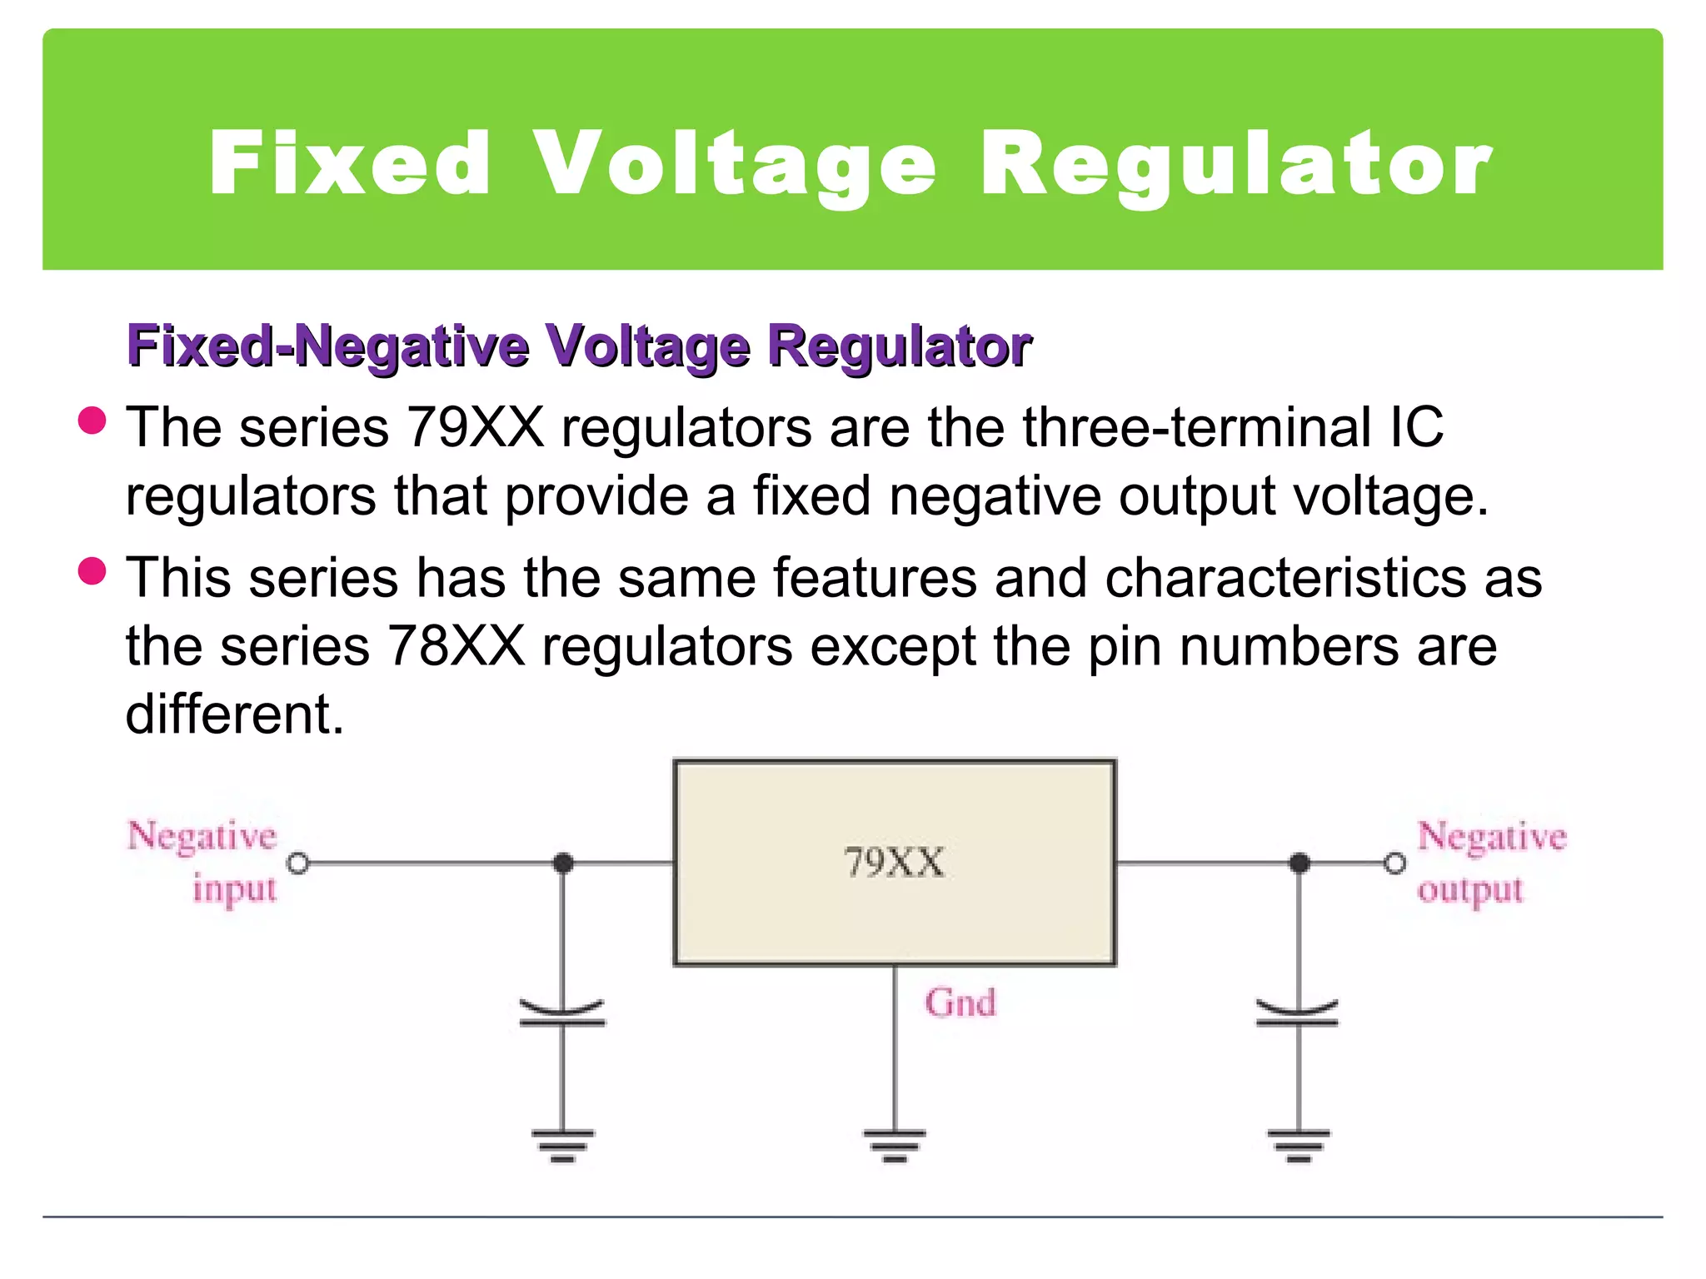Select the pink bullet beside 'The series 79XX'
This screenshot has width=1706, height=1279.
coord(92,421)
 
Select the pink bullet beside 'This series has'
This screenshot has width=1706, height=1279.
coord(92,571)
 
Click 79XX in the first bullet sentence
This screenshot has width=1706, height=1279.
coord(475,427)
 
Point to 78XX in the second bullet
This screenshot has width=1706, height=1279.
coord(456,646)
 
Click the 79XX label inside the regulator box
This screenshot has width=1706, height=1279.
coord(894,862)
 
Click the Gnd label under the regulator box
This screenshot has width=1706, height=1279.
coord(960,1003)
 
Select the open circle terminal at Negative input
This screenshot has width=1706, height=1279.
coord(297,863)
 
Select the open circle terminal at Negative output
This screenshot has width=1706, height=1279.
coord(1394,863)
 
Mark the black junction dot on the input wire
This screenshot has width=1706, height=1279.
coord(563,863)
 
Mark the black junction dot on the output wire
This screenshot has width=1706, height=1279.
coord(1299,863)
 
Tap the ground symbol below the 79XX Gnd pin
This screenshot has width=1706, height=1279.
coord(894,1144)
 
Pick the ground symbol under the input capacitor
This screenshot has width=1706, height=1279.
coord(563,1144)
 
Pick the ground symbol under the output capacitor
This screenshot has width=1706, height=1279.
coord(1299,1144)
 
